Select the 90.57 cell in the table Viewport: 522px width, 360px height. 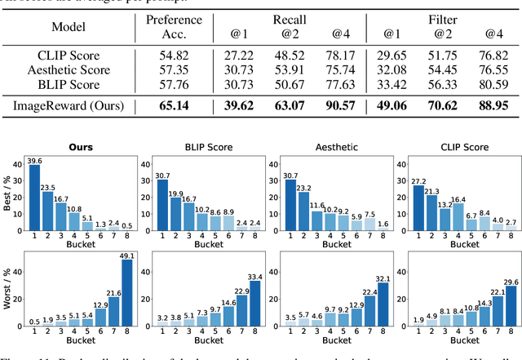point(339,105)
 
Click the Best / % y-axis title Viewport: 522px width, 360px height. point(7,196)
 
